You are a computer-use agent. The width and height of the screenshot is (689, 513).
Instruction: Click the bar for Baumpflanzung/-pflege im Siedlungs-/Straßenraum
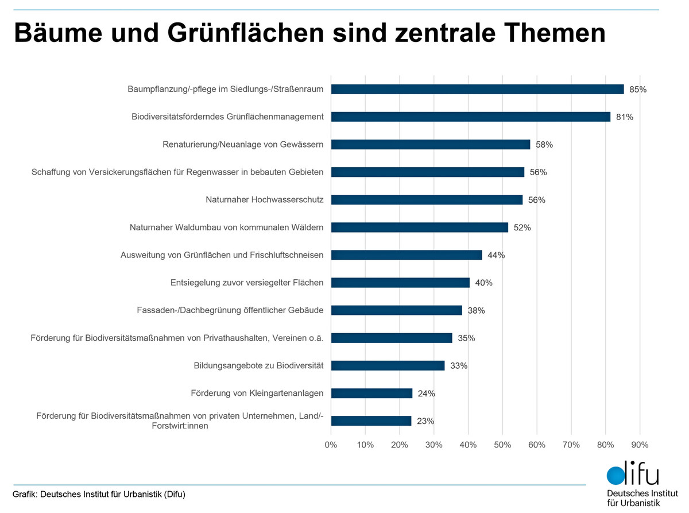(x=477, y=89)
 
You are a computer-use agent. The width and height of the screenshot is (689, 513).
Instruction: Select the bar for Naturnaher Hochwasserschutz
(x=427, y=200)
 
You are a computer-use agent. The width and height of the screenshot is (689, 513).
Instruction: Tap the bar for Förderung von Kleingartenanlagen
(x=371, y=394)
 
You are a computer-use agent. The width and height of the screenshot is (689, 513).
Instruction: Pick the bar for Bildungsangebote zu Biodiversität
(x=388, y=366)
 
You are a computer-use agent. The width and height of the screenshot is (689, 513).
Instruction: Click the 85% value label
(x=638, y=90)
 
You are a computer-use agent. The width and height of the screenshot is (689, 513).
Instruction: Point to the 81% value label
(x=624, y=117)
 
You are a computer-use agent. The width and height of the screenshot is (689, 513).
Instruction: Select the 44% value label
(x=496, y=255)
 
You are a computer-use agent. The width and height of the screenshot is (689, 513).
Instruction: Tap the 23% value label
(x=425, y=421)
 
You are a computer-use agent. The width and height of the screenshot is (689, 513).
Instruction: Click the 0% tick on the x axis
(x=331, y=445)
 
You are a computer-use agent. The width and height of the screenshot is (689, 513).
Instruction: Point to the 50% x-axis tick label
(x=502, y=445)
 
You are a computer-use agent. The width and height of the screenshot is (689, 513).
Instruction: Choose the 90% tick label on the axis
(x=640, y=445)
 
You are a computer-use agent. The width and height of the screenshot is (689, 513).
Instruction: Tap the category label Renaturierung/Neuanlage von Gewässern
(x=243, y=145)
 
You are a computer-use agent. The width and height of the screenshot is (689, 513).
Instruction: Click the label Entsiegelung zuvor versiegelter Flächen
(x=247, y=283)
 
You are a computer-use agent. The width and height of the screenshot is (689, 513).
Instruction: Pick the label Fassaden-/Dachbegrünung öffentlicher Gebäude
(x=230, y=310)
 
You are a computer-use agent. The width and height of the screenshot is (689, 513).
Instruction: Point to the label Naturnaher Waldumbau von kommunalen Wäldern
(x=226, y=227)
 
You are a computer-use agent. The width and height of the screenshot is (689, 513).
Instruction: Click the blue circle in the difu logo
(x=616, y=476)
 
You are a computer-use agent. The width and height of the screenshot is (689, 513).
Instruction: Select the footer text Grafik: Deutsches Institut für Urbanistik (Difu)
(x=99, y=495)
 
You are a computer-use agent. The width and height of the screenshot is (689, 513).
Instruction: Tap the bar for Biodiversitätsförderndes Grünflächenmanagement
(x=471, y=117)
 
